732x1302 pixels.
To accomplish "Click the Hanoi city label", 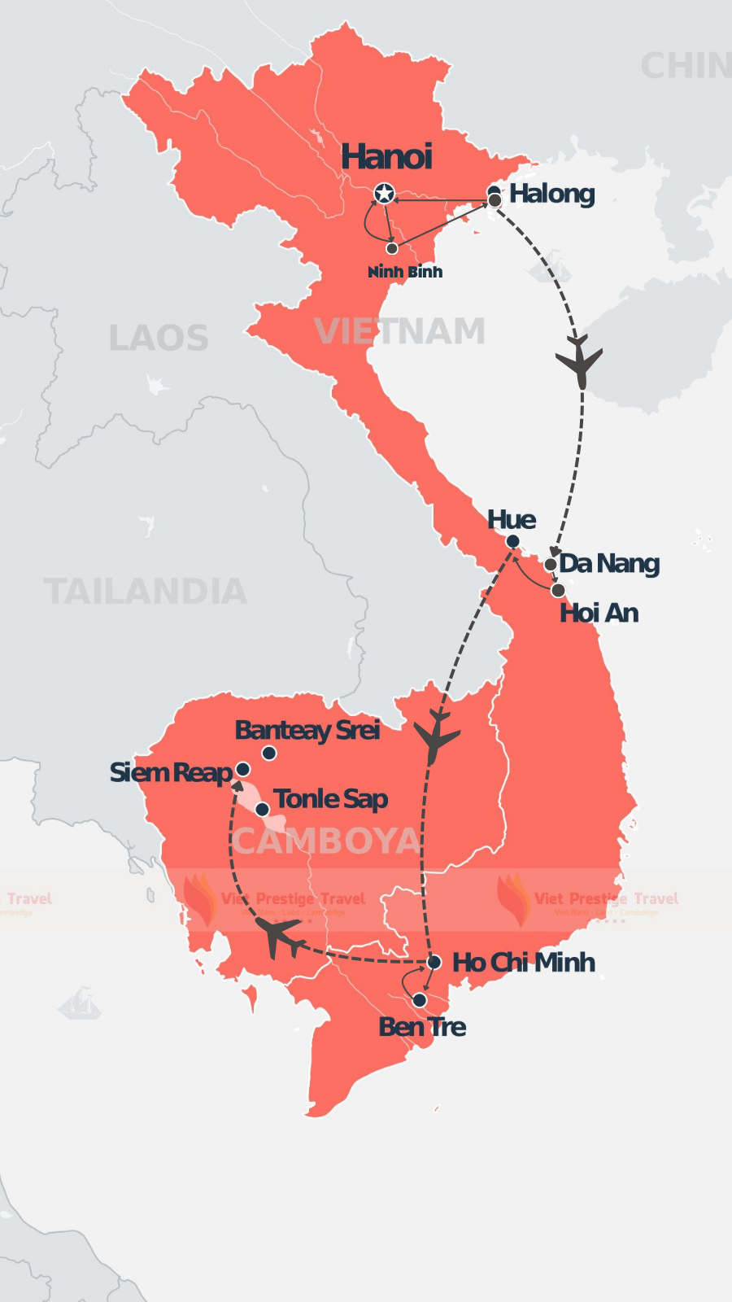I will click(386, 157).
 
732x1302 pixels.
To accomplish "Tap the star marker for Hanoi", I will click(385, 193).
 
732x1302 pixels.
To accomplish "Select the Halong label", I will click(552, 194).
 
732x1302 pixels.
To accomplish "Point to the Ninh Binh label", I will click(405, 272).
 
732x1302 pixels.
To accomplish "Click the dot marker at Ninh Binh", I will click(392, 248).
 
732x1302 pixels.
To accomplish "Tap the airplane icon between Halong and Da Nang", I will click(579, 360).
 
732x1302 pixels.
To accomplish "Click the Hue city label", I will click(512, 520).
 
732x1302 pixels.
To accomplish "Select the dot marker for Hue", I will click(512, 541).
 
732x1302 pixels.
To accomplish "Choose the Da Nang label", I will click(609, 563).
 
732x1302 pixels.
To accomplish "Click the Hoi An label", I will click(599, 613).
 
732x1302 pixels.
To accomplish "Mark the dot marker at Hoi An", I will click(558, 590).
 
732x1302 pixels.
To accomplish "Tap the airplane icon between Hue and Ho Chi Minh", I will click(436, 737).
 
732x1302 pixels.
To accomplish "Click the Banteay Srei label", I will click(307, 730).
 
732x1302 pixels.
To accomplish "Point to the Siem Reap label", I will click(171, 772).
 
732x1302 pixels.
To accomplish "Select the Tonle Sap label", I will click(330, 799).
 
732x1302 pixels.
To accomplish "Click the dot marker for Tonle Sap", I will click(262, 810).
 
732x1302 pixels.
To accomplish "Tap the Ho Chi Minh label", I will click(524, 963).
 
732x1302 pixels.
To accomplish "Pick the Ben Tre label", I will click(422, 1027).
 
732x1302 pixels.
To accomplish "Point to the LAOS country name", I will click(159, 339).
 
